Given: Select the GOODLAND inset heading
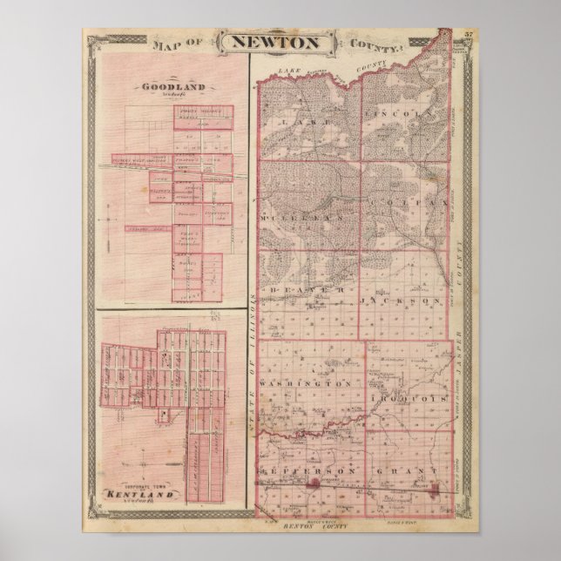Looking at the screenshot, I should [159, 87].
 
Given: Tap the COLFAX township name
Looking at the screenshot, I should [404, 202].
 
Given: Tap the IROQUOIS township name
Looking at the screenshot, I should [408, 396].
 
